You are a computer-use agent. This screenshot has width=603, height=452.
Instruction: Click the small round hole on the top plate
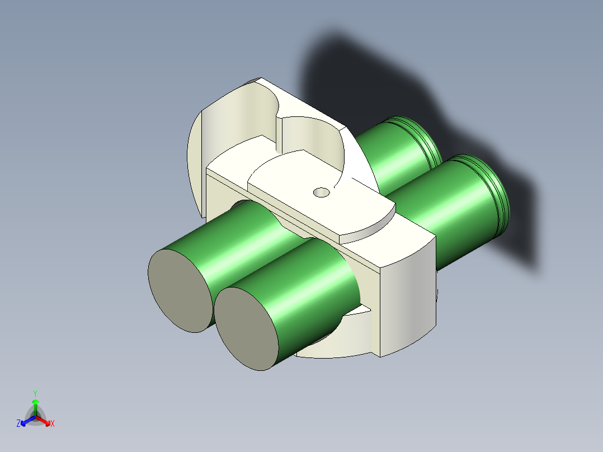coord(322,192)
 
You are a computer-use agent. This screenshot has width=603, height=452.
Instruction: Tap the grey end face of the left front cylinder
coord(180,290)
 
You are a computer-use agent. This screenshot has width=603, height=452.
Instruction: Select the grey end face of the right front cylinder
coord(246,328)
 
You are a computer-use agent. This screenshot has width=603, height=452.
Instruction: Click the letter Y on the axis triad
coord(35,394)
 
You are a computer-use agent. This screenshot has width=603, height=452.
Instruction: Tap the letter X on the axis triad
coord(53,423)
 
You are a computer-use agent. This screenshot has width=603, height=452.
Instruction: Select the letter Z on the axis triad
coord(18,423)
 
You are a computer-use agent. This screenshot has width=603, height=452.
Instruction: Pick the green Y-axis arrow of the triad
coord(35,408)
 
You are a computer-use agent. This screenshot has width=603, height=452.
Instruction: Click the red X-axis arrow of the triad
coord(43,421)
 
